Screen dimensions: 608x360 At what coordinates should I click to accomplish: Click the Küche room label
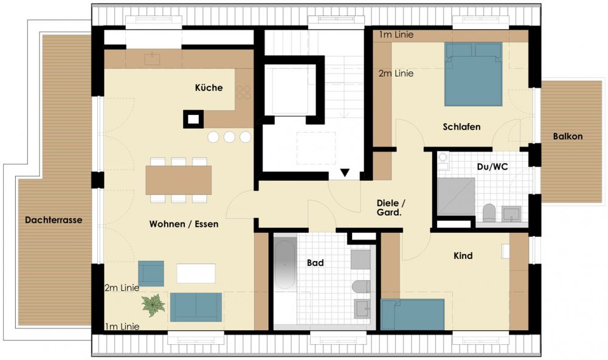click(209, 88)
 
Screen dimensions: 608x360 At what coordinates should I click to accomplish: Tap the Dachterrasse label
click(54, 220)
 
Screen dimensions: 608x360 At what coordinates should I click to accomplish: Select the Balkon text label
click(568, 136)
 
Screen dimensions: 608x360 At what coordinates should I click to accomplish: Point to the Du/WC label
click(492, 167)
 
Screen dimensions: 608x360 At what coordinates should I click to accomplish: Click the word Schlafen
click(461, 127)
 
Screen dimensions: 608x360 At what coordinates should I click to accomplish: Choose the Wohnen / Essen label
click(184, 224)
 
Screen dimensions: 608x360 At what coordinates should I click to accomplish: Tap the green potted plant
click(154, 305)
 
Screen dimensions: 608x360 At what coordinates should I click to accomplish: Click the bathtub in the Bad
click(285, 265)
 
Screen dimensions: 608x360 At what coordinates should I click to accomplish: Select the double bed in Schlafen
click(474, 74)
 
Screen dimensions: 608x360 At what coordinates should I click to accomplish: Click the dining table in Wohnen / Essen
click(178, 180)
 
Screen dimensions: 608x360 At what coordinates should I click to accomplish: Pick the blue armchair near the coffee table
click(151, 274)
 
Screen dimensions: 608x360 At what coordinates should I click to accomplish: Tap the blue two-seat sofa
click(196, 307)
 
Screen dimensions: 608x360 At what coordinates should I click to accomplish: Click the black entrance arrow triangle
click(345, 173)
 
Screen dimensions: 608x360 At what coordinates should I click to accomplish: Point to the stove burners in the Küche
click(244, 92)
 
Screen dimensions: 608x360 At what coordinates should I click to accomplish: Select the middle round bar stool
click(229, 137)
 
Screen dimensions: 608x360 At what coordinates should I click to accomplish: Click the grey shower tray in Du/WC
click(456, 196)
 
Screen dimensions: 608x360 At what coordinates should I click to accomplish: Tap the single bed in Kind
click(413, 314)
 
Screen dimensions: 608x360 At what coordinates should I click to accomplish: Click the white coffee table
click(196, 274)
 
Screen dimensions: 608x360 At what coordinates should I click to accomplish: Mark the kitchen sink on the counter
click(152, 59)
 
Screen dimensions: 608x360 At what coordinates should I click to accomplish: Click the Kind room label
click(463, 255)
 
